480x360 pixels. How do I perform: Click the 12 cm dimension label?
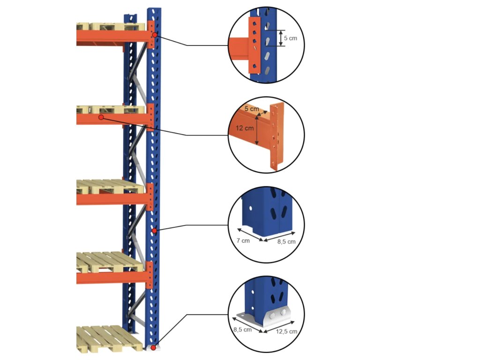pos(245,128)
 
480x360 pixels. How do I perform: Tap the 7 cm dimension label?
pos(243,240)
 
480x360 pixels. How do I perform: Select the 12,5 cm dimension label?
pos(286,331)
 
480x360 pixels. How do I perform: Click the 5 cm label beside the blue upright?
pos(290,38)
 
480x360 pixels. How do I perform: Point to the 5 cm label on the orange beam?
pos(252,109)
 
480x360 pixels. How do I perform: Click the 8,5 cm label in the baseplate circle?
pos(242,330)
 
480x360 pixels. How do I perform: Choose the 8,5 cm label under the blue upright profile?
pos(286,241)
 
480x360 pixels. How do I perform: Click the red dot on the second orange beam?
pos(101,117)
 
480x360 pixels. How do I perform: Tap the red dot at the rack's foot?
pos(153,348)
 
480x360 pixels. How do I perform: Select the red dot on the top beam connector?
pos(155,35)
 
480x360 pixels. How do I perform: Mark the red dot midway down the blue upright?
pos(155,231)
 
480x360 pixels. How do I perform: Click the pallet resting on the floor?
pos(109,338)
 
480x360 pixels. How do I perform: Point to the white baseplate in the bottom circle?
pos(266,318)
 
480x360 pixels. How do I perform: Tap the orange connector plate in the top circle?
pos(255,45)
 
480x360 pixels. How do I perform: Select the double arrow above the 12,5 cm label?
pos(279,327)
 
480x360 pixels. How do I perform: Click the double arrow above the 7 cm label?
pos(250,234)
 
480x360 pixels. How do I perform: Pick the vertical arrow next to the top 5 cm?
pos(281,38)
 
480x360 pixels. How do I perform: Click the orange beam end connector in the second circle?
pos(277,136)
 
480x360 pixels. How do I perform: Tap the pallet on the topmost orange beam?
pos(110,27)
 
